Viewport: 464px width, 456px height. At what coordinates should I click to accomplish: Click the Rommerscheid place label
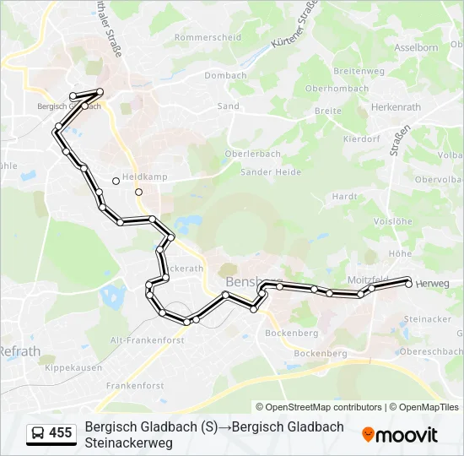[208, 38]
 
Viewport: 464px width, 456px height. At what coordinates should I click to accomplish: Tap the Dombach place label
[225, 75]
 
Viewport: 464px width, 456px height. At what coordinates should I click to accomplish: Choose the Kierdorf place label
[362, 139]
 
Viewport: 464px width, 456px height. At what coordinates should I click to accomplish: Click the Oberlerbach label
[251, 154]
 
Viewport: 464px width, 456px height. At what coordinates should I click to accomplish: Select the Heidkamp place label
[145, 177]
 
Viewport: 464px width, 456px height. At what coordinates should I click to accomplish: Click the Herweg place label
[433, 284]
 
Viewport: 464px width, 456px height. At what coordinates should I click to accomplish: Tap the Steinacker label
[428, 319]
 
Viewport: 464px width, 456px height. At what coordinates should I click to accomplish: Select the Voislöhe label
[391, 221]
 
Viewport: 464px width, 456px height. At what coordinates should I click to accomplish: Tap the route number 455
[61, 433]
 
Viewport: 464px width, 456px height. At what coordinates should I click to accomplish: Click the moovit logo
[400, 435]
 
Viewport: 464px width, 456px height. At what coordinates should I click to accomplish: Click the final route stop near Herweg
[408, 284]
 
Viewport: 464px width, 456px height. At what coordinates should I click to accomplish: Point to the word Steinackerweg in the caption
[128, 442]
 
